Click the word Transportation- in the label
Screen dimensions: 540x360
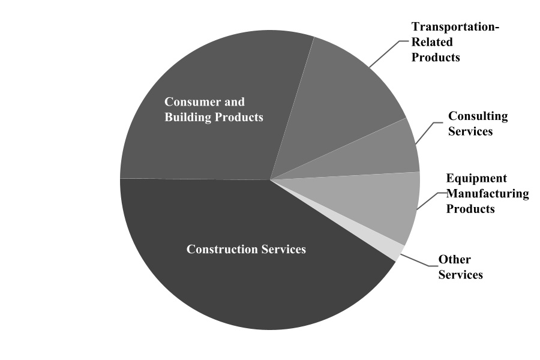455,27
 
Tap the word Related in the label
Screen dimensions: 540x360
432,42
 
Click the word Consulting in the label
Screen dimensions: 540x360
478,116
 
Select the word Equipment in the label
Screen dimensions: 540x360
476,178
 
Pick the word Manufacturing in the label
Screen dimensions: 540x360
488,194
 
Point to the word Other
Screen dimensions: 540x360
455,259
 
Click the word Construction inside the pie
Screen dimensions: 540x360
222,249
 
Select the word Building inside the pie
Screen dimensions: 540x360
188,117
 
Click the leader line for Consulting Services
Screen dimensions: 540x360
428,131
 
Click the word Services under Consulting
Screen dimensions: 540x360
470,131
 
